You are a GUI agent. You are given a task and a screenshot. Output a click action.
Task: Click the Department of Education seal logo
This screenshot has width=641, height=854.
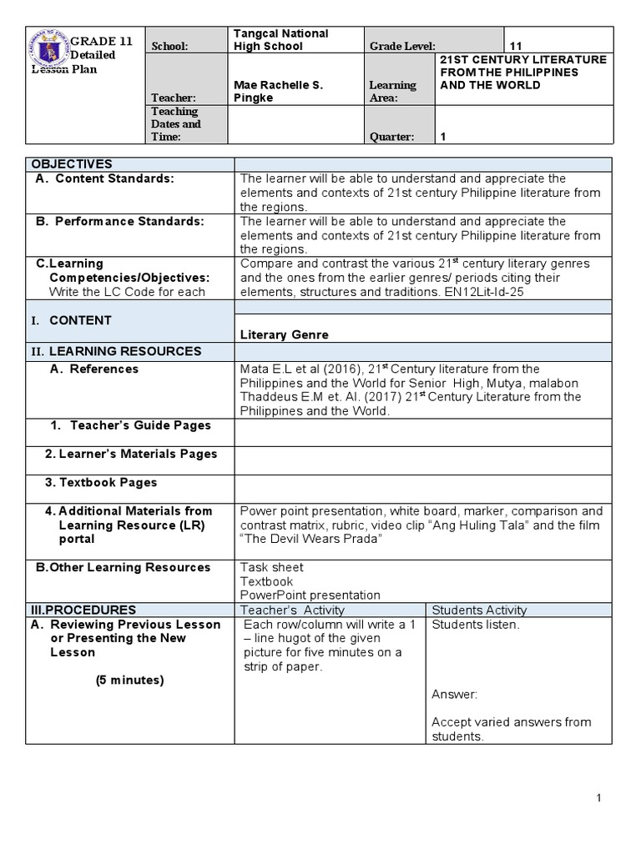48,49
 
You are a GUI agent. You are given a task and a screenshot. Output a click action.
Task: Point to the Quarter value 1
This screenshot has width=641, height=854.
444,138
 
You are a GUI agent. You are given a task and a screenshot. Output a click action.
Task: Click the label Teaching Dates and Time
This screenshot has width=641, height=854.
175,124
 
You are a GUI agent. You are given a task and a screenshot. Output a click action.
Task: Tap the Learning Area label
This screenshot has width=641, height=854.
392,92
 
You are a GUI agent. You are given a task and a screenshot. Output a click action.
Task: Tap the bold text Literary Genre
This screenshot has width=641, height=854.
284,334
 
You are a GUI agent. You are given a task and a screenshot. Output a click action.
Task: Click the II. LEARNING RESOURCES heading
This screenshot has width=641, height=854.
117,351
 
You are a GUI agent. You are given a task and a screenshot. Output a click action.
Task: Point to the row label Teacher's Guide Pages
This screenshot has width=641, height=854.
140,425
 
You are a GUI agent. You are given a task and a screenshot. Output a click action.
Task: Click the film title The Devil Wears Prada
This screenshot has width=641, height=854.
310,539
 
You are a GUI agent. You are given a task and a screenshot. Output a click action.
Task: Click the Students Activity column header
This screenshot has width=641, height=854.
479,610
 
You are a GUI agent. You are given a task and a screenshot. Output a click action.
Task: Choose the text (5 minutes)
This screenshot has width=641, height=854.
129,680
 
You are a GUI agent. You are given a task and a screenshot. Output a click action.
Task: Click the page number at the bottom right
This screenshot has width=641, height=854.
599,799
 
